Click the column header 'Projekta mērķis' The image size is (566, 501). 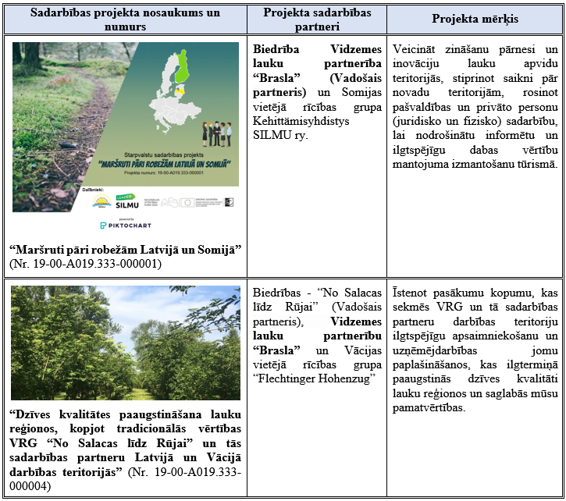[475, 17]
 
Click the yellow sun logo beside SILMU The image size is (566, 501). [101, 201]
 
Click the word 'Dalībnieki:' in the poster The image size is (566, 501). [96, 190]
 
